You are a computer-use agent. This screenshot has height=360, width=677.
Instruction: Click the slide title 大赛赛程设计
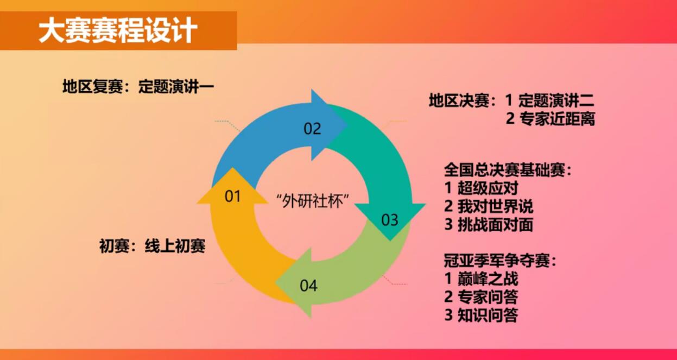pos(118,30)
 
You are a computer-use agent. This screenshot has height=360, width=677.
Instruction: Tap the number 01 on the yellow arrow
pos(233,196)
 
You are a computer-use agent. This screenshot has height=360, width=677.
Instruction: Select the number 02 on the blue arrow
pos(312,129)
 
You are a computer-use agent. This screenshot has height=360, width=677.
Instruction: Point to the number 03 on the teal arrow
pos(390,220)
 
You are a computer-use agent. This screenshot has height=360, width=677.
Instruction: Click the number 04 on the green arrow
pos(308,286)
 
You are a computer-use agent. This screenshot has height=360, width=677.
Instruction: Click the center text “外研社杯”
pos(313,201)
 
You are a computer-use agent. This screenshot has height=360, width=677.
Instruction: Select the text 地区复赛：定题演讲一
pos(138,87)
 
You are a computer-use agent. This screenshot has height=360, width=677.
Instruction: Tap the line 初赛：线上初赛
pos(153,246)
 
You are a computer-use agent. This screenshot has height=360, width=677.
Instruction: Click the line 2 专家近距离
pos(551,118)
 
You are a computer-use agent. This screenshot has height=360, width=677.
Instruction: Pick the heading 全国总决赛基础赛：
pos(508,170)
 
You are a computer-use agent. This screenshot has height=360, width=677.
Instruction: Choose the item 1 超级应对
pos(482,188)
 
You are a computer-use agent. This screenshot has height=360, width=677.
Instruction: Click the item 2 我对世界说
pos(489,206)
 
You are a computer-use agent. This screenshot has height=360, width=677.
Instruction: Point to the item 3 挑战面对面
pos(489,225)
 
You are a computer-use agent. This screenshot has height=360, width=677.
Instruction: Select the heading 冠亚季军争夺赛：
pos(500,261)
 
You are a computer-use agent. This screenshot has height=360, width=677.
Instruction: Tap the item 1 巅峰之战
pos(482,279)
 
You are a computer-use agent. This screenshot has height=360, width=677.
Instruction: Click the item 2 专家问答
pos(482,297)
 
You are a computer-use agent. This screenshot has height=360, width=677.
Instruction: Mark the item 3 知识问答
pos(482,315)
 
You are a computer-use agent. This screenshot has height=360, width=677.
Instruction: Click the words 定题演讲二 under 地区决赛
pos(556,100)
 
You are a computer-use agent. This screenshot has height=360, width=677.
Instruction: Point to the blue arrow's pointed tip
pos(347,124)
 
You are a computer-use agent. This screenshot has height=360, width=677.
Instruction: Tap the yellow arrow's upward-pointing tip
pos(232,168)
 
